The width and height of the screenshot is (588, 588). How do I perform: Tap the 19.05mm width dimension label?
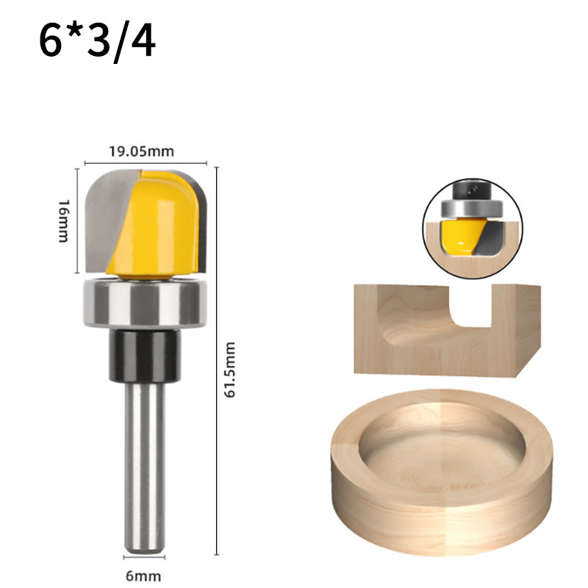click(141, 151)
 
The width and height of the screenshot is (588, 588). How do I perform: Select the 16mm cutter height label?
click(64, 221)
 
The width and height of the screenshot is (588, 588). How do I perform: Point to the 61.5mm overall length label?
click(229, 370)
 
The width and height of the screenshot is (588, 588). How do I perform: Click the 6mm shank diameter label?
click(143, 576)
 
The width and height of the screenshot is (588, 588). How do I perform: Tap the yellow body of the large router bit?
click(157, 225)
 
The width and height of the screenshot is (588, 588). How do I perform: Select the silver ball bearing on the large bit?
click(145, 303)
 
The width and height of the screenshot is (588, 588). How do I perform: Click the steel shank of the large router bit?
click(145, 467)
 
